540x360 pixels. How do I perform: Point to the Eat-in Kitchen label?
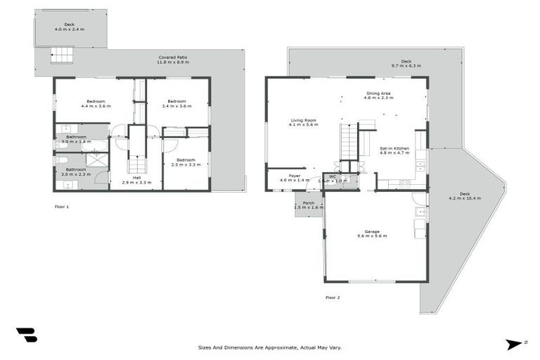tap(394, 148)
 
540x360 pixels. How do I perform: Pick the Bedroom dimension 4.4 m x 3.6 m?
tap(96, 106)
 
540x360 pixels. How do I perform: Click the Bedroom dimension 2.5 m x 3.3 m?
tap(186, 165)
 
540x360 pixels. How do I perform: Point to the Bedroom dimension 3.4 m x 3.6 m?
tap(176, 106)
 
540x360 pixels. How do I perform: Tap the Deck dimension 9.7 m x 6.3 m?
tap(406, 66)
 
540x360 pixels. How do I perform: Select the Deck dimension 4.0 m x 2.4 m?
tap(69, 30)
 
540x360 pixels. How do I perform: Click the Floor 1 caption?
tap(62, 207)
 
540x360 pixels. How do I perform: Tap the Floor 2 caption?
tap(332, 297)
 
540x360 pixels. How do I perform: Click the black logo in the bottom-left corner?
tap(26, 335)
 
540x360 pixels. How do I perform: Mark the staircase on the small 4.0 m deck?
tap(60, 56)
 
